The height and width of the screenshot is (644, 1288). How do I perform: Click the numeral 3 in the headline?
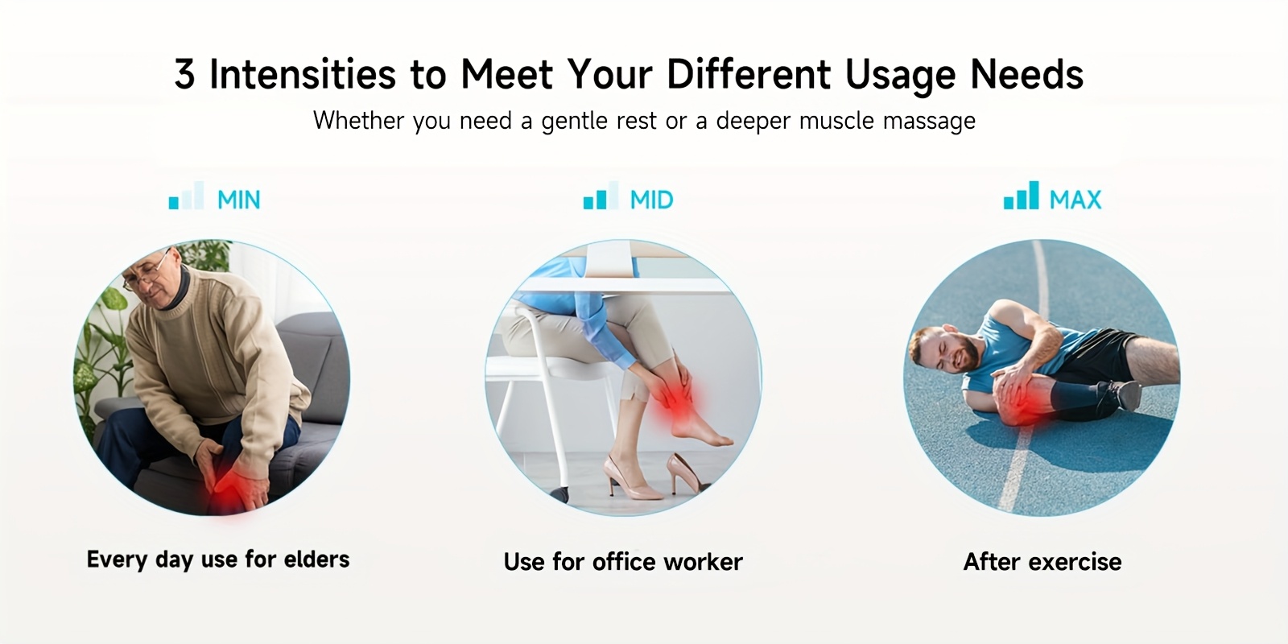point(184,74)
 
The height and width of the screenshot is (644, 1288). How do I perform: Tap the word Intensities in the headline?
point(303,74)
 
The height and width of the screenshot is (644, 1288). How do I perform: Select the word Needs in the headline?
point(1026,74)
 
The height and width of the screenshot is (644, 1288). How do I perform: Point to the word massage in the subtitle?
point(929,122)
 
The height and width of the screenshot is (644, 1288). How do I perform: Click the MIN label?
point(238,200)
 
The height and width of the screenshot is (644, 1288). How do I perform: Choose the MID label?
point(651,200)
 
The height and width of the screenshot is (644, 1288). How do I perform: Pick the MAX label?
point(1075,200)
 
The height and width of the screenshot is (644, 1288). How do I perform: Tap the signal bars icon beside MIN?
point(186,196)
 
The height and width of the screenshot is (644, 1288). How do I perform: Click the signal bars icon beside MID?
point(601,196)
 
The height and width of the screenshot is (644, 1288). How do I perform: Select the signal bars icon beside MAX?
point(1022,196)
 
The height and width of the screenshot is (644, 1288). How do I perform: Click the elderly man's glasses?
point(147,275)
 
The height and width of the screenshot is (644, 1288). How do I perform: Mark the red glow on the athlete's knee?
point(1023,402)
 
